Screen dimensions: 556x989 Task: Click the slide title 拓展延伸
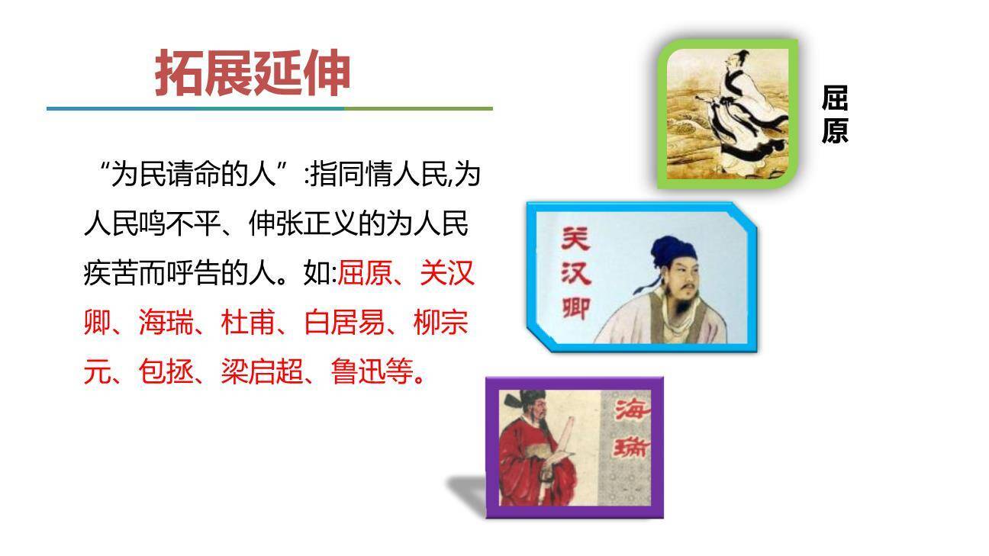point(253,74)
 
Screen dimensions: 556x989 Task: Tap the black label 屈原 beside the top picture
point(835,114)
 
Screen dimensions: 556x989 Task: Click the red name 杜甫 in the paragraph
point(247,323)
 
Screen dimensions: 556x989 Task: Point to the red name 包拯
point(165,372)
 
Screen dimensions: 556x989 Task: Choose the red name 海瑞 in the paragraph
point(165,323)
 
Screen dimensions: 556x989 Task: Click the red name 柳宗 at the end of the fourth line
point(440,323)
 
